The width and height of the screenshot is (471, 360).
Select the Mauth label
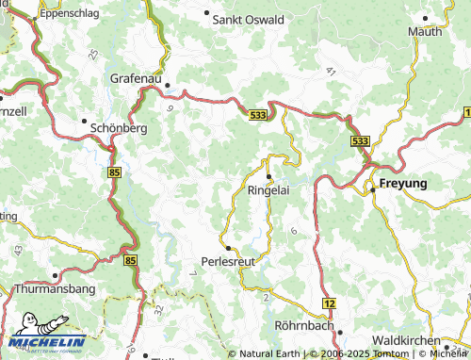click(x=425, y=31)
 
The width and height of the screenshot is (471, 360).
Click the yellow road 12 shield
click(x=329, y=303)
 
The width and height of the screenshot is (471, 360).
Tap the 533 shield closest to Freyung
click(x=359, y=140)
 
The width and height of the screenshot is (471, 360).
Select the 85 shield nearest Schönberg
click(x=115, y=172)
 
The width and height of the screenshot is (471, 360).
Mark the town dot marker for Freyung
click(x=373, y=189)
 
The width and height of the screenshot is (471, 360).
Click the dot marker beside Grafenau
click(x=168, y=85)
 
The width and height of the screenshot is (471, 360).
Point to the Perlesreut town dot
click(x=227, y=248)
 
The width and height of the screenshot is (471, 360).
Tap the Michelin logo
click(x=43, y=343)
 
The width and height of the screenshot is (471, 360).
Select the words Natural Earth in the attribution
click(x=269, y=354)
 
